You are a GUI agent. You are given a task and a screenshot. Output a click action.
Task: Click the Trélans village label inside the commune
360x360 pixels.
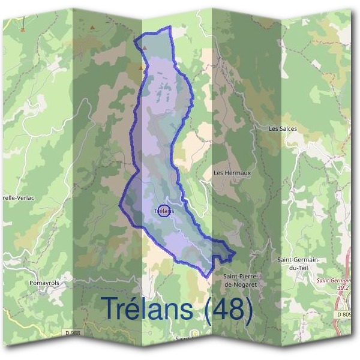pos(164,211)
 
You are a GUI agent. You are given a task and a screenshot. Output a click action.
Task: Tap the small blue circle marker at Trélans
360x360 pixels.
pos(165,211)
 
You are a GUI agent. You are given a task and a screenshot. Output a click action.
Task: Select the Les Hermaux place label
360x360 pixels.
pos(232,173)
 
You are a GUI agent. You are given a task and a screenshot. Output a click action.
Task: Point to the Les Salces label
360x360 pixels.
pos(283,128)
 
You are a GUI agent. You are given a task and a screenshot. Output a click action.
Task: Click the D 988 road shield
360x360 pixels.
pos(71,333)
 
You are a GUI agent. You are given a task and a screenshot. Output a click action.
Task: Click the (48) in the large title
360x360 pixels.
pos(229,308)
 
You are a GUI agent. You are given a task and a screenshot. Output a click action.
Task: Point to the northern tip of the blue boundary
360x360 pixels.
pos(170,27)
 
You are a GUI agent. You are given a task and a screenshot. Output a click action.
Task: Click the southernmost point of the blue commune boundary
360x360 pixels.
pos(207,277)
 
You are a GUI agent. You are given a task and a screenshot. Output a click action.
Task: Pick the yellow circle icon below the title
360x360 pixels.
pos(194,334)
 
